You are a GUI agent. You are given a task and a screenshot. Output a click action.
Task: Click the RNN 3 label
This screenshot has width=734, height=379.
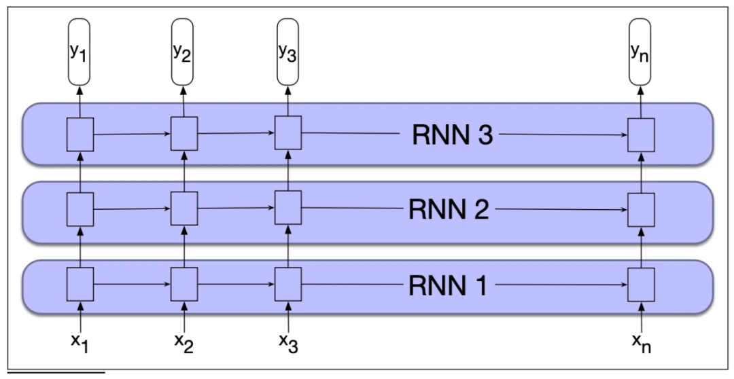(452, 135)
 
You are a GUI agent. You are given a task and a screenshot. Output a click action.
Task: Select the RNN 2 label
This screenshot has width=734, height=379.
(449, 209)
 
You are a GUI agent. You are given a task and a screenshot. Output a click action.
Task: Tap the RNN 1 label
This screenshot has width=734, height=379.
(448, 285)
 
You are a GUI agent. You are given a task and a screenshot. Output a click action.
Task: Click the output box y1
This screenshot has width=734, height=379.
(80, 52)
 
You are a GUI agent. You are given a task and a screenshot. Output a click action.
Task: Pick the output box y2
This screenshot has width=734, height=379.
(182, 52)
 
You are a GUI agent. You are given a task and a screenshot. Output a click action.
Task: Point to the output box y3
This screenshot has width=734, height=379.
(287, 52)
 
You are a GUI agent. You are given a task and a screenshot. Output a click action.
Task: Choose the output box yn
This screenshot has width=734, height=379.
(640, 52)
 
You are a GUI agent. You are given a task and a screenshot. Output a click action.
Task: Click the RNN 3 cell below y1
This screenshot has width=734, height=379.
(80, 134)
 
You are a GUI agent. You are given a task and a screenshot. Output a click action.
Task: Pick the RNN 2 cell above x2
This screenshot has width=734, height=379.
(183, 209)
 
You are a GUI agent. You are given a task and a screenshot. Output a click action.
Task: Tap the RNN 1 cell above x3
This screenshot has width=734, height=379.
(287, 284)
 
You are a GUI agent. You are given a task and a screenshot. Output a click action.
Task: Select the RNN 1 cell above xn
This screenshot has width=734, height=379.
(640, 284)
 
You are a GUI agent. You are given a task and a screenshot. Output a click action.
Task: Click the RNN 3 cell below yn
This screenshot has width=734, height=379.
(640, 134)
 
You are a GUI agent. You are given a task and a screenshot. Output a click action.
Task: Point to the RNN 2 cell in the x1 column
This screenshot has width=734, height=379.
(80, 209)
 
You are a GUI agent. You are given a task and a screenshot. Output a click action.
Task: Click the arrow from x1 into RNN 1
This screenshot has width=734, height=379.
(80, 317)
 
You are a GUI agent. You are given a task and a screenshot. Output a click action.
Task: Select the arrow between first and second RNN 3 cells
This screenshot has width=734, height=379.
(131, 134)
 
